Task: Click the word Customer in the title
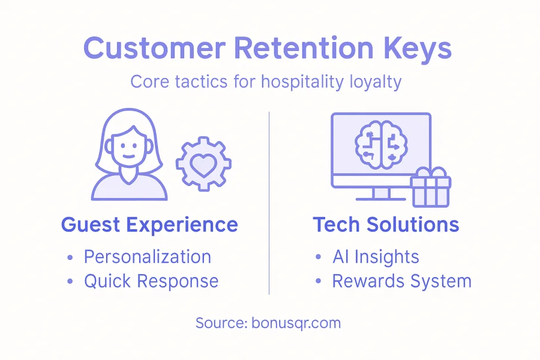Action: [155, 48]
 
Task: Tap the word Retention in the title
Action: [304, 48]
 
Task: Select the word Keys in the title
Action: [417, 50]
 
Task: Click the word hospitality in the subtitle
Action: [302, 83]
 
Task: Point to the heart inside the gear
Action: [203, 165]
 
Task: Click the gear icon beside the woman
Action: [203, 164]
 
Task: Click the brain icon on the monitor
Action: [381, 145]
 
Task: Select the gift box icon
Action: [430, 187]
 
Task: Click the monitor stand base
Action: [381, 199]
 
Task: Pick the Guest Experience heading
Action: [149, 225]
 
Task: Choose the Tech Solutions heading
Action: [386, 224]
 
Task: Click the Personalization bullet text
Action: [148, 257]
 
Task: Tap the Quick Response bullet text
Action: [151, 281]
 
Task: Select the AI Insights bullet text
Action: [376, 257]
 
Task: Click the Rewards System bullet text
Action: [401, 281]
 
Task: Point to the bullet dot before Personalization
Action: [70, 257]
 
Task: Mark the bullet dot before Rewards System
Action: [318, 281]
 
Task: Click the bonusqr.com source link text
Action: [296, 323]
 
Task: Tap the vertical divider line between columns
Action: [269, 203]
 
